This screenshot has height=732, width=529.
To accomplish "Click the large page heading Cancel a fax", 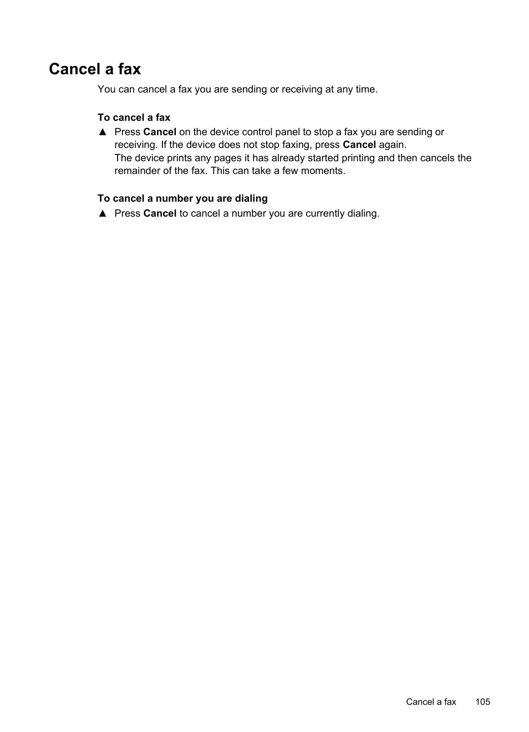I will click(95, 69).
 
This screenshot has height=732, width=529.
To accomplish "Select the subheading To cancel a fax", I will click(134, 117).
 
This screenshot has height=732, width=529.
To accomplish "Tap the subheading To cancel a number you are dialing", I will click(182, 198).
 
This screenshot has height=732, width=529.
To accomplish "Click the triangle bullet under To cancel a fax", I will click(102, 132).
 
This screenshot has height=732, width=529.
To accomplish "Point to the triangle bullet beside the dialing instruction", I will click(102, 214).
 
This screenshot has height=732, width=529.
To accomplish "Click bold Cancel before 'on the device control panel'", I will click(160, 132).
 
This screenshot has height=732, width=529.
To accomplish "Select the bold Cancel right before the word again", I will click(359, 145).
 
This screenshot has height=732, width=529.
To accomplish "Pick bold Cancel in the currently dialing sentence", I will click(160, 213).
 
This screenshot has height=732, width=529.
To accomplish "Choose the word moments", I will click(322, 171).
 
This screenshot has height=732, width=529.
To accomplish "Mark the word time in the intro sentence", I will click(365, 89).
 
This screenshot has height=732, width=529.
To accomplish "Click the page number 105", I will click(482, 702).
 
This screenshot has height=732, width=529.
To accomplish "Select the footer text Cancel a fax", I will click(431, 702).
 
